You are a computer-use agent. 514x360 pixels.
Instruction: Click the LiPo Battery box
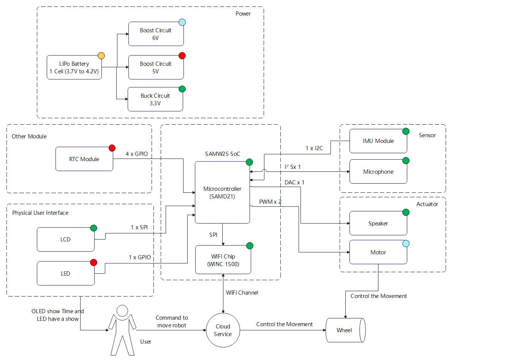[74, 68]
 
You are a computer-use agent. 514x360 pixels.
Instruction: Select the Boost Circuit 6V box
[156, 34]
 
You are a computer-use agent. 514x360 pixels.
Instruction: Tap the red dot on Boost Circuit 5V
[182, 56]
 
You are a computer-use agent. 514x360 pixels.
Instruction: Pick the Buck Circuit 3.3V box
[155, 100]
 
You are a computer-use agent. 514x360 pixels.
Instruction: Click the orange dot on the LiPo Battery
[101, 56]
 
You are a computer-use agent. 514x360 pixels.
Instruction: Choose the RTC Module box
[84, 159]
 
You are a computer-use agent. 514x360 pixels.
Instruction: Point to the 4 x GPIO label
[137, 154]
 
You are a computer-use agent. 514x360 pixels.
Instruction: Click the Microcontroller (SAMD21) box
[222, 193]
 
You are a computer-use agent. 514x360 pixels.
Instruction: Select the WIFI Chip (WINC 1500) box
[223, 260]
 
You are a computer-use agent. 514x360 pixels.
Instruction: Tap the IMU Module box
[378, 141]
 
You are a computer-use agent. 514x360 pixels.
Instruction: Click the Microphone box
[378, 172]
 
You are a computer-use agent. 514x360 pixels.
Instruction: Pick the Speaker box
[378, 224]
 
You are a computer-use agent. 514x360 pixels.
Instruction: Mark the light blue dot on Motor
[406, 244]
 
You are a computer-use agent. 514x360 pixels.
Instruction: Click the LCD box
[65, 239]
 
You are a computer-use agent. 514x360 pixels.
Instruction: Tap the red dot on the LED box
[93, 263]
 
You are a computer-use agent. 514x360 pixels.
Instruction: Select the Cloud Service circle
[223, 330]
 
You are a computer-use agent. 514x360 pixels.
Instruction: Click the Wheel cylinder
[345, 330]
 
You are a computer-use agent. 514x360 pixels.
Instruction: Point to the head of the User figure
[122, 311]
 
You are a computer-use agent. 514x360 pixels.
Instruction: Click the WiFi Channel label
[242, 293]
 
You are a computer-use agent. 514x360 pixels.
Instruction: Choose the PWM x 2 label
[270, 202]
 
